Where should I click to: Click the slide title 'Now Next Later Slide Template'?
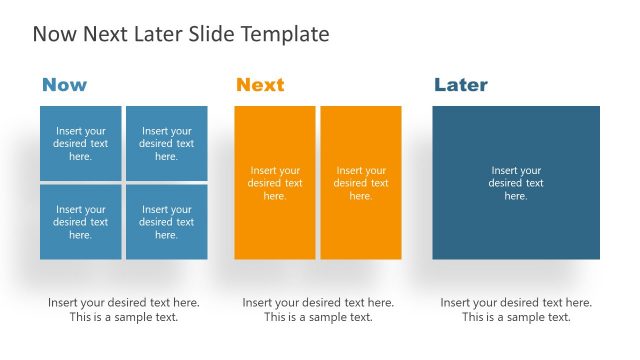tap(181, 34)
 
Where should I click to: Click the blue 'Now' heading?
tap(64, 85)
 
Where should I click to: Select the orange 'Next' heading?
tap(260, 85)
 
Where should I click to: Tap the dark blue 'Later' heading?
tap(461, 85)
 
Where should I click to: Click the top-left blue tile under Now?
tap(81, 143)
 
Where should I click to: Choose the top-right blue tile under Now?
tap(167, 143)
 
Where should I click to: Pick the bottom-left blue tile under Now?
tap(81, 222)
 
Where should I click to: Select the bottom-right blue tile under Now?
tap(167, 222)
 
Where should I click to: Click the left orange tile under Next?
tap(275, 183)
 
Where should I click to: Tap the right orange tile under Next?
tap(361, 183)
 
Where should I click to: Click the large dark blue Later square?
tap(516, 183)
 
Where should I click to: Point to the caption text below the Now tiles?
tap(124, 310)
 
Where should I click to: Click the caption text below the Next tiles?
tap(318, 310)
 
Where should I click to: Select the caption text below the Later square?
tap(516, 310)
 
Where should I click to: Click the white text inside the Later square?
tap(516, 183)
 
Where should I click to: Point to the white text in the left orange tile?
tap(275, 183)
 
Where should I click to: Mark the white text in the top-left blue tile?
tap(81, 143)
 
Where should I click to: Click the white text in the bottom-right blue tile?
tap(167, 222)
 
